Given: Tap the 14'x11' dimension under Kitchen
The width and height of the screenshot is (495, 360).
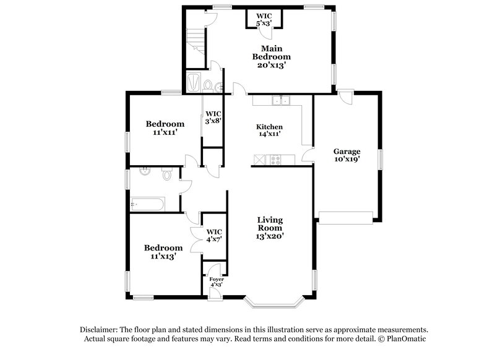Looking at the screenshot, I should click(270, 134).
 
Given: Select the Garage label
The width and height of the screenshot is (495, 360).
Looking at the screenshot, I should click(346, 151).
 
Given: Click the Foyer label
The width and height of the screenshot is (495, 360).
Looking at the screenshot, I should click(215, 280).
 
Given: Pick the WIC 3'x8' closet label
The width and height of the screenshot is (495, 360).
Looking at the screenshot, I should click(213, 117).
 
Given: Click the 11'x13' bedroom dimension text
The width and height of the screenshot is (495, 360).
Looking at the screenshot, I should click(163, 255).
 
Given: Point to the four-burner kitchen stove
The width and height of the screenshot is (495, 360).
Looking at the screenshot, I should click(275, 160).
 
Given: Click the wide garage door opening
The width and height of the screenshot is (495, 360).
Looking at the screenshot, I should click(345, 216).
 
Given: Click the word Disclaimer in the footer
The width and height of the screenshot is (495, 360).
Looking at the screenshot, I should click(100, 330).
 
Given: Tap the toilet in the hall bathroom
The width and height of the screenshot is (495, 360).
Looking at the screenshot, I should click(166, 175).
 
